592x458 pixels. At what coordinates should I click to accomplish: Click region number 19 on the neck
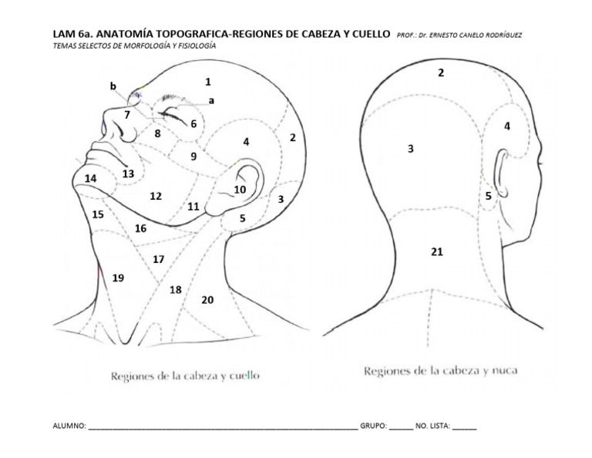(x=117, y=278)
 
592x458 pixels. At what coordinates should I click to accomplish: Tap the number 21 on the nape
(x=437, y=251)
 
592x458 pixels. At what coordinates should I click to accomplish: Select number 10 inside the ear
(x=240, y=189)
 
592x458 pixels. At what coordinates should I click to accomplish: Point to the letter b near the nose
(x=113, y=86)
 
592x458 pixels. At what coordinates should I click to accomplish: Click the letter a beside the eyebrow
(x=211, y=100)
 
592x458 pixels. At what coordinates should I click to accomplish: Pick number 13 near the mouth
(x=128, y=174)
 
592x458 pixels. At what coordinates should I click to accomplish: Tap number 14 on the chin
(x=90, y=178)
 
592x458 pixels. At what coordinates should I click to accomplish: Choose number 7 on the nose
(x=127, y=115)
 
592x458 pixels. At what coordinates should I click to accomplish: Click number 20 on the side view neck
(x=207, y=299)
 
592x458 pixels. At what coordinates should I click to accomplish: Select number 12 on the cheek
(x=156, y=196)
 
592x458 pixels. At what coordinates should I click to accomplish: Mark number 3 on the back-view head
(x=411, y=149)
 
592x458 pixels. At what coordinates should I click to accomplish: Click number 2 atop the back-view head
(x=441, y=72)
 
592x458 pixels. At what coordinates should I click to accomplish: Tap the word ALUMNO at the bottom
(x=69, y=425)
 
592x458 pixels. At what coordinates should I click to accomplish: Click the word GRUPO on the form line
(x=372, y=425)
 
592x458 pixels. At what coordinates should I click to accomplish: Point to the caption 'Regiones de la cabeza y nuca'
(x=441, y=371)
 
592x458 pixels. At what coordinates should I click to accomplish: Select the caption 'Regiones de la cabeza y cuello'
(x=185, y=376)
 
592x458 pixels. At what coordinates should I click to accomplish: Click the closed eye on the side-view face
(x=174, y=118)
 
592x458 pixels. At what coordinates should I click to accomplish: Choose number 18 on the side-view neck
(x=176, y=290)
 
